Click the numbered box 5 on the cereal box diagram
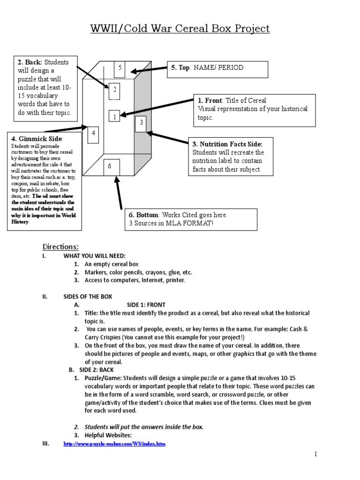coord(120,69)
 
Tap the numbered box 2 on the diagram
coord(115,90)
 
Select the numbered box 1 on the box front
coord(114,117)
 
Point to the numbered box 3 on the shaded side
coord(141,124)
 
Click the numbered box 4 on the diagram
coord(94,134)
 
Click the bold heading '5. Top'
coord(180,68)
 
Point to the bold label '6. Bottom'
coord(143,215)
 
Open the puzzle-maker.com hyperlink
coord(114,443)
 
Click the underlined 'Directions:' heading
coord(60,247)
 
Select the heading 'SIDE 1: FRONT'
coord(146,305)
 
